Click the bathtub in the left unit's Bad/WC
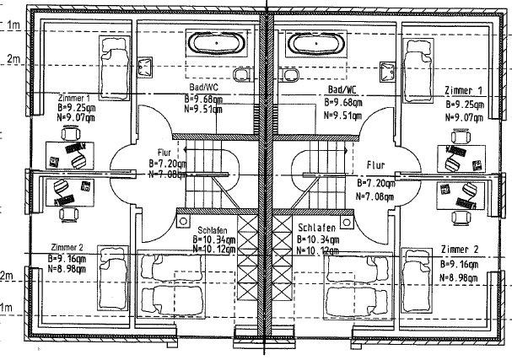pos(217,42)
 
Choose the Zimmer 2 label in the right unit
pos(459,250)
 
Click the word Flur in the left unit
pos(163,152)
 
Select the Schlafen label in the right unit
pos(317,228)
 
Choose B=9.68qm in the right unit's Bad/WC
pos(343,102)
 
